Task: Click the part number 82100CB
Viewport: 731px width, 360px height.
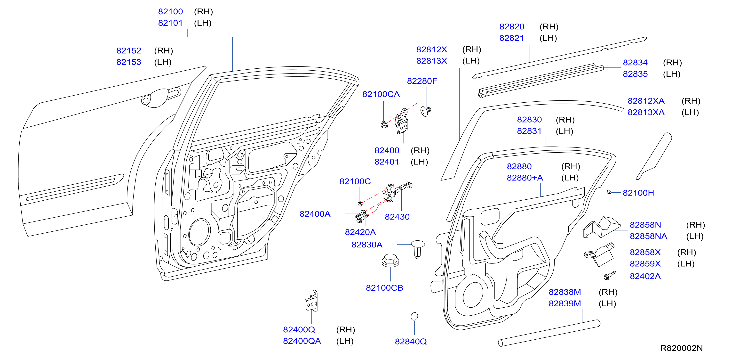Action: point(384,288)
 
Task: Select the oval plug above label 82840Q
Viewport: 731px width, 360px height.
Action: point(414,316)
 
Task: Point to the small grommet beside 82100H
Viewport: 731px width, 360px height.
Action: point(609,192)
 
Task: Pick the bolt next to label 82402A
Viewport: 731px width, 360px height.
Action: point(610,275)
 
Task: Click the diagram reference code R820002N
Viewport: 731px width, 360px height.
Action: point(681,348)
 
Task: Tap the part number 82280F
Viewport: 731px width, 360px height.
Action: point(422,81)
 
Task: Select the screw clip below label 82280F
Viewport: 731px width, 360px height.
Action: point(426,111)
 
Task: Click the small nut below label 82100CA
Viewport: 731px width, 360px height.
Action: point(384,125)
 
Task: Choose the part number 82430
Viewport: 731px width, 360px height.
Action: point(397,217)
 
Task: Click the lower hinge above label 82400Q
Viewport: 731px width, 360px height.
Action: point(312,301)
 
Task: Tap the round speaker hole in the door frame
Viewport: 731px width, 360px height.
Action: point(199,232)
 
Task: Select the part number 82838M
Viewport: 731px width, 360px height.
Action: point(565,292)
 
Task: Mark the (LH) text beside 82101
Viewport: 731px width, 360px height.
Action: point(203,23)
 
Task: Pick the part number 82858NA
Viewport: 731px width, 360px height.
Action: point(648,236)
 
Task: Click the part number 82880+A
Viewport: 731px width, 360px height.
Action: point(525,178)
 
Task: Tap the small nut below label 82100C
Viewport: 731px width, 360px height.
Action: point(360,204)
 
